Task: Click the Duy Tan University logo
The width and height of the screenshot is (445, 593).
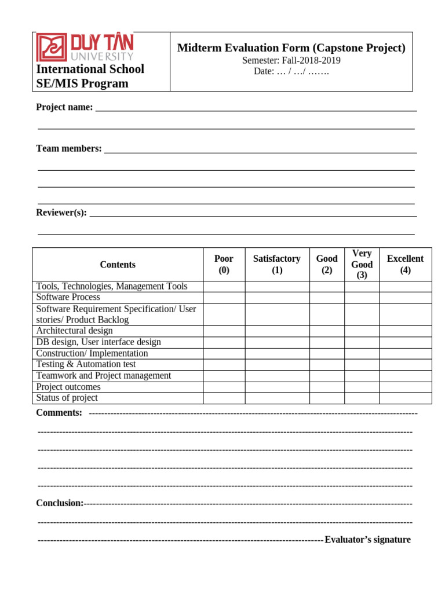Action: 85,47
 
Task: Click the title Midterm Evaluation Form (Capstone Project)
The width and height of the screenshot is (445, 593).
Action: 291,48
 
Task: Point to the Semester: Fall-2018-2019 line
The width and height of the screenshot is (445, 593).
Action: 291,60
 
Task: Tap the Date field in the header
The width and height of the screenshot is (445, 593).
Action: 291,71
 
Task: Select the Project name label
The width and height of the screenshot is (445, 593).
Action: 64,107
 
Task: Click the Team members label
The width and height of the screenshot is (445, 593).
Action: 69,149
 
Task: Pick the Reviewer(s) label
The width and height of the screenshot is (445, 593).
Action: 61,213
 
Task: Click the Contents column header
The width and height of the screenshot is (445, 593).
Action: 118,265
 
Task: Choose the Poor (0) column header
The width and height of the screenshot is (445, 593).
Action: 224,265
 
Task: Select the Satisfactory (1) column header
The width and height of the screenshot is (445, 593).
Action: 277,265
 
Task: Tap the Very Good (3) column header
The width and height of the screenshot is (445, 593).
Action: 362,264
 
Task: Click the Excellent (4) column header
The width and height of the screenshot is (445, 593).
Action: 405,265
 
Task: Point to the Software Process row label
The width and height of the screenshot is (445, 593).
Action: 68,297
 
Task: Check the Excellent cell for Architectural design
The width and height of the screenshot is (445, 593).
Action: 405,331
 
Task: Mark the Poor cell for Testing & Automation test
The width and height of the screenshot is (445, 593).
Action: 224,364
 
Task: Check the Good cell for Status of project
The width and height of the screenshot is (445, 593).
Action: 327,398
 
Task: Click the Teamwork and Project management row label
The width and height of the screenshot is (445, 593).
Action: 104,375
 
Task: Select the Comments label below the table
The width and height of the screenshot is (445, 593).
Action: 59,413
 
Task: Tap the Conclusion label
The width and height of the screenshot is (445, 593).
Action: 60,503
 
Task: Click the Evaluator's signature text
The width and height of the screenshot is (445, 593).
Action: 367,540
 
